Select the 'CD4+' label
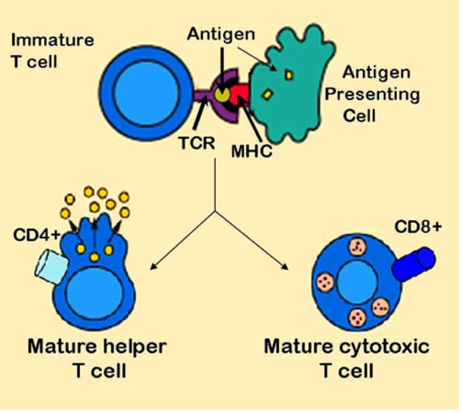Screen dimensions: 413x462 32,236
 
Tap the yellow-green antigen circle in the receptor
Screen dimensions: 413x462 223,94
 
